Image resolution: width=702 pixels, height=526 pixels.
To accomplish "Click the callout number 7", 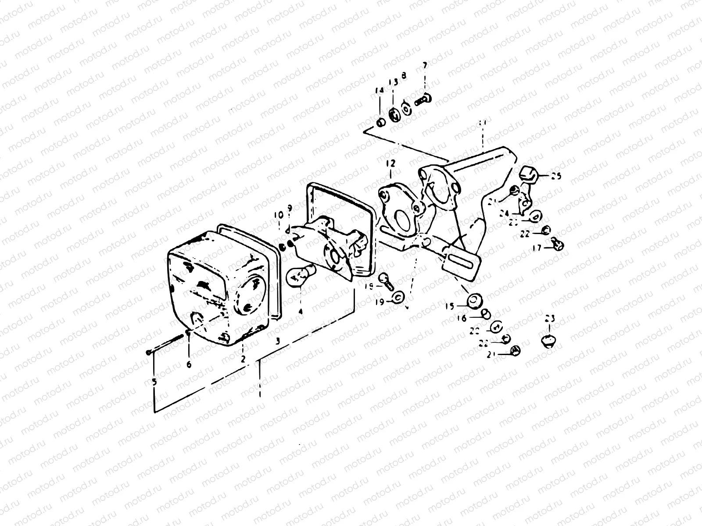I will (424, 65).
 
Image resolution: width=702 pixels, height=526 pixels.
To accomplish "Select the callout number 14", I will (379, 90).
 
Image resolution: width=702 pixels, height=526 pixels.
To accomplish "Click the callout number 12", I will (390, 164).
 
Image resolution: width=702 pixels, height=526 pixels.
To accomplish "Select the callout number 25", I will (556, 176).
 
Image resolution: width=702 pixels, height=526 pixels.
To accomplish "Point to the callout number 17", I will (537, 248).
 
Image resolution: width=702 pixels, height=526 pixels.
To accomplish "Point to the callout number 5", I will (154, 382).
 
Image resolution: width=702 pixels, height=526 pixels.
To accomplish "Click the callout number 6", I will (189, 364).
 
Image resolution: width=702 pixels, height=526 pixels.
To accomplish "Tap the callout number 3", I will (277, 341).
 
